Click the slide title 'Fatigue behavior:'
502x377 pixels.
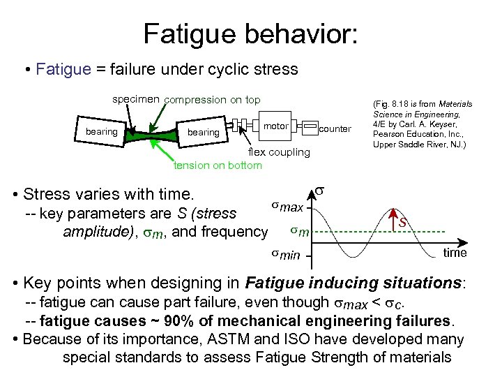(250, 33)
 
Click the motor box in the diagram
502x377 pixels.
(276, 126)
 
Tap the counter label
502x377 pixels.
(335, 129)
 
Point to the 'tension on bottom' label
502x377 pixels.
(218, 165)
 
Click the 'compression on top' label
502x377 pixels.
(212, 100)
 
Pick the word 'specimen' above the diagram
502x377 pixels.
(136, 100)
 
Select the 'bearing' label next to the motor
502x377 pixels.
(204, 132)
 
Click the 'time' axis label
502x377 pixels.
(455, 253)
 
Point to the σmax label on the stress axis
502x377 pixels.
(287, 207)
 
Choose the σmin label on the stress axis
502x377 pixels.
(286, 255)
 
